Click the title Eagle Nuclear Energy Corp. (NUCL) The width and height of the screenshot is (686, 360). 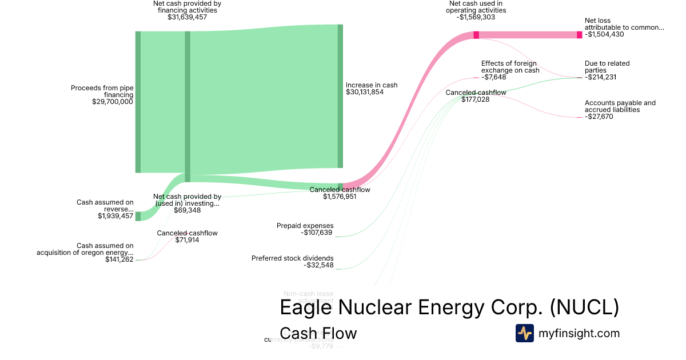(449, 308)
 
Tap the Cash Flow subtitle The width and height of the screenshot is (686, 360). (318, 333)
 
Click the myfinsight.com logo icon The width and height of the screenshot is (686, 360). (524, 333)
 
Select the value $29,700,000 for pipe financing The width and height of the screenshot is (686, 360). (112, 102)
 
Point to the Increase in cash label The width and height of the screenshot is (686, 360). (371, 85)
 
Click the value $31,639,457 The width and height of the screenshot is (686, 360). (187, 17)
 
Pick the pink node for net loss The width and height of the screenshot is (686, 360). (579, 35)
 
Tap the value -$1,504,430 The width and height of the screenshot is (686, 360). (604, 34)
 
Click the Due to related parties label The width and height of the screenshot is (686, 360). (607, 67)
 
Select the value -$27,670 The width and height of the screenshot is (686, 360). (599, 117)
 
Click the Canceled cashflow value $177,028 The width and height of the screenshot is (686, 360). (476, 99)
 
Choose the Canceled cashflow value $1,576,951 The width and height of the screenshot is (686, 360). (340, 197)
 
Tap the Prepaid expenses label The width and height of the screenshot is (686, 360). (305, 226)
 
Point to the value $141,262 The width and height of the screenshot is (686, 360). (119, 259)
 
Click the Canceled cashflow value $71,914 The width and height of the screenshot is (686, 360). (187, 240)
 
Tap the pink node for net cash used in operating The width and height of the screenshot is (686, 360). (476, 35)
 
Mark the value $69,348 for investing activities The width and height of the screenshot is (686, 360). (187, 210)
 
